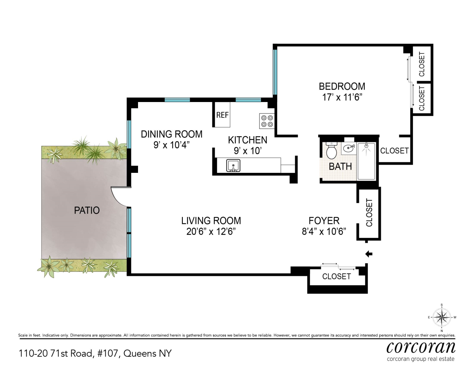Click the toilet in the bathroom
tap(331, 150)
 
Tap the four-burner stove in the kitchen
tap(267, 121)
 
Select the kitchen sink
tap(233, 166)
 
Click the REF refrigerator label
tap(222, 115)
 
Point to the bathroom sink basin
tap(348, 148)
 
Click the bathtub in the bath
tap(366, 161)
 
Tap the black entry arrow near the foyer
tap(369, 254)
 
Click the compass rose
tap(442, 317)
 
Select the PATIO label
tap(87, 210)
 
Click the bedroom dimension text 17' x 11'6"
tap(342, 97)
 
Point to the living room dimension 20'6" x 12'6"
tap(211, 232)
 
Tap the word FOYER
tap(324, 221)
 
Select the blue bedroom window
tap(275, 72)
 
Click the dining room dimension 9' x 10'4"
tap(171, 145)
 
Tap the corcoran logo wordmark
tap(421, 347)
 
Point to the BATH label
tap(340, 167)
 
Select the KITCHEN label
tap(248, 140)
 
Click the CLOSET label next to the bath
tap(395, 151)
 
